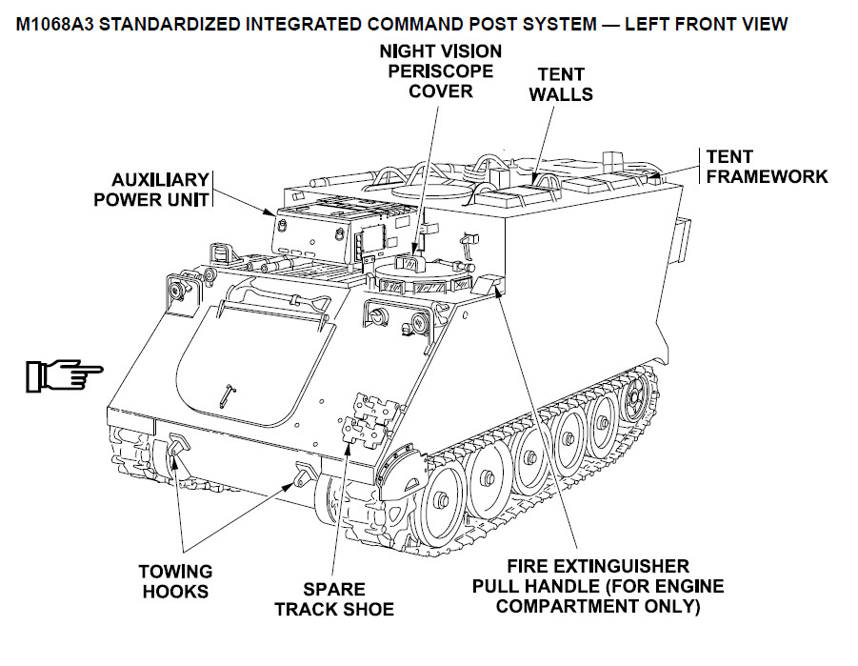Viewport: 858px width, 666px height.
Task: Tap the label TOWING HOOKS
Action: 175,581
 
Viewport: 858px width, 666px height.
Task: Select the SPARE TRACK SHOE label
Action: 334,599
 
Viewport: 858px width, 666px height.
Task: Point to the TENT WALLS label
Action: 561,84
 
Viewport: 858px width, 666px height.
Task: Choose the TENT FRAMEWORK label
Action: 767,166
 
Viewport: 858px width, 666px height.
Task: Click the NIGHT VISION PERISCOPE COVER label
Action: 440,71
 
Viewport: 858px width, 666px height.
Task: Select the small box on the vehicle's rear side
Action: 679,238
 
